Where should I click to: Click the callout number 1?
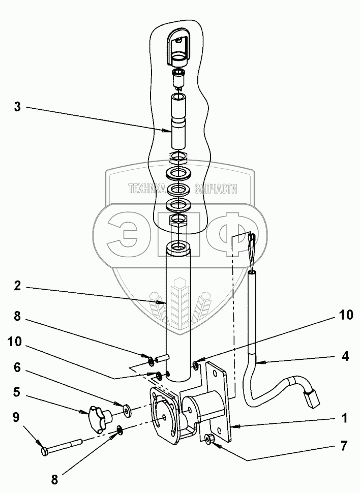(x=344, y=419)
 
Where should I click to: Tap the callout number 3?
(x=17, y=107)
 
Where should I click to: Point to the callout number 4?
(x=345, y=356)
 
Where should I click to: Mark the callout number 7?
(x=344, y=446)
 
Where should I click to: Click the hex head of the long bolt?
(x=45, y=451)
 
